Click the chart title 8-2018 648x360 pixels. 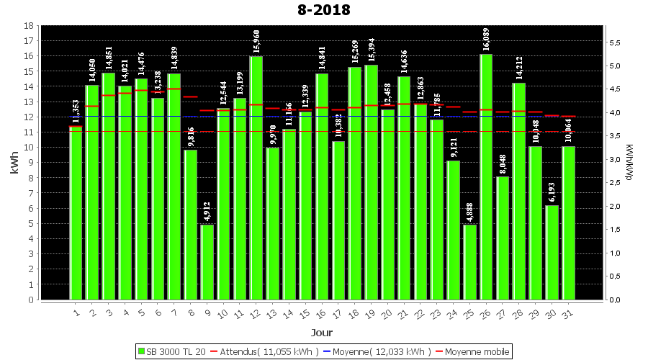coord(323,10)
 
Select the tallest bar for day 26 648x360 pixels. coord(486,176)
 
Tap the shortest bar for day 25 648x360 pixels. coord(469,262)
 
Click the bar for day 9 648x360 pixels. coord(207,262)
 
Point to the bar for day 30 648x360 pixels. coord(552,252)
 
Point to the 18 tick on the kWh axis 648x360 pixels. coord(28,26)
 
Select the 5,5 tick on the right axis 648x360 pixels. coord(615,43)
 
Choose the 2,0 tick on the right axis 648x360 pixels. coord(615,207)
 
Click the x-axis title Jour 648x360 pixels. coord(322,333)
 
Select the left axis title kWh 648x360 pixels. coord(12,163)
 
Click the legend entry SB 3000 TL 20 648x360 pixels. coord(171,351)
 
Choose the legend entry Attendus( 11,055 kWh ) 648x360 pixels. coord(266,351)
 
